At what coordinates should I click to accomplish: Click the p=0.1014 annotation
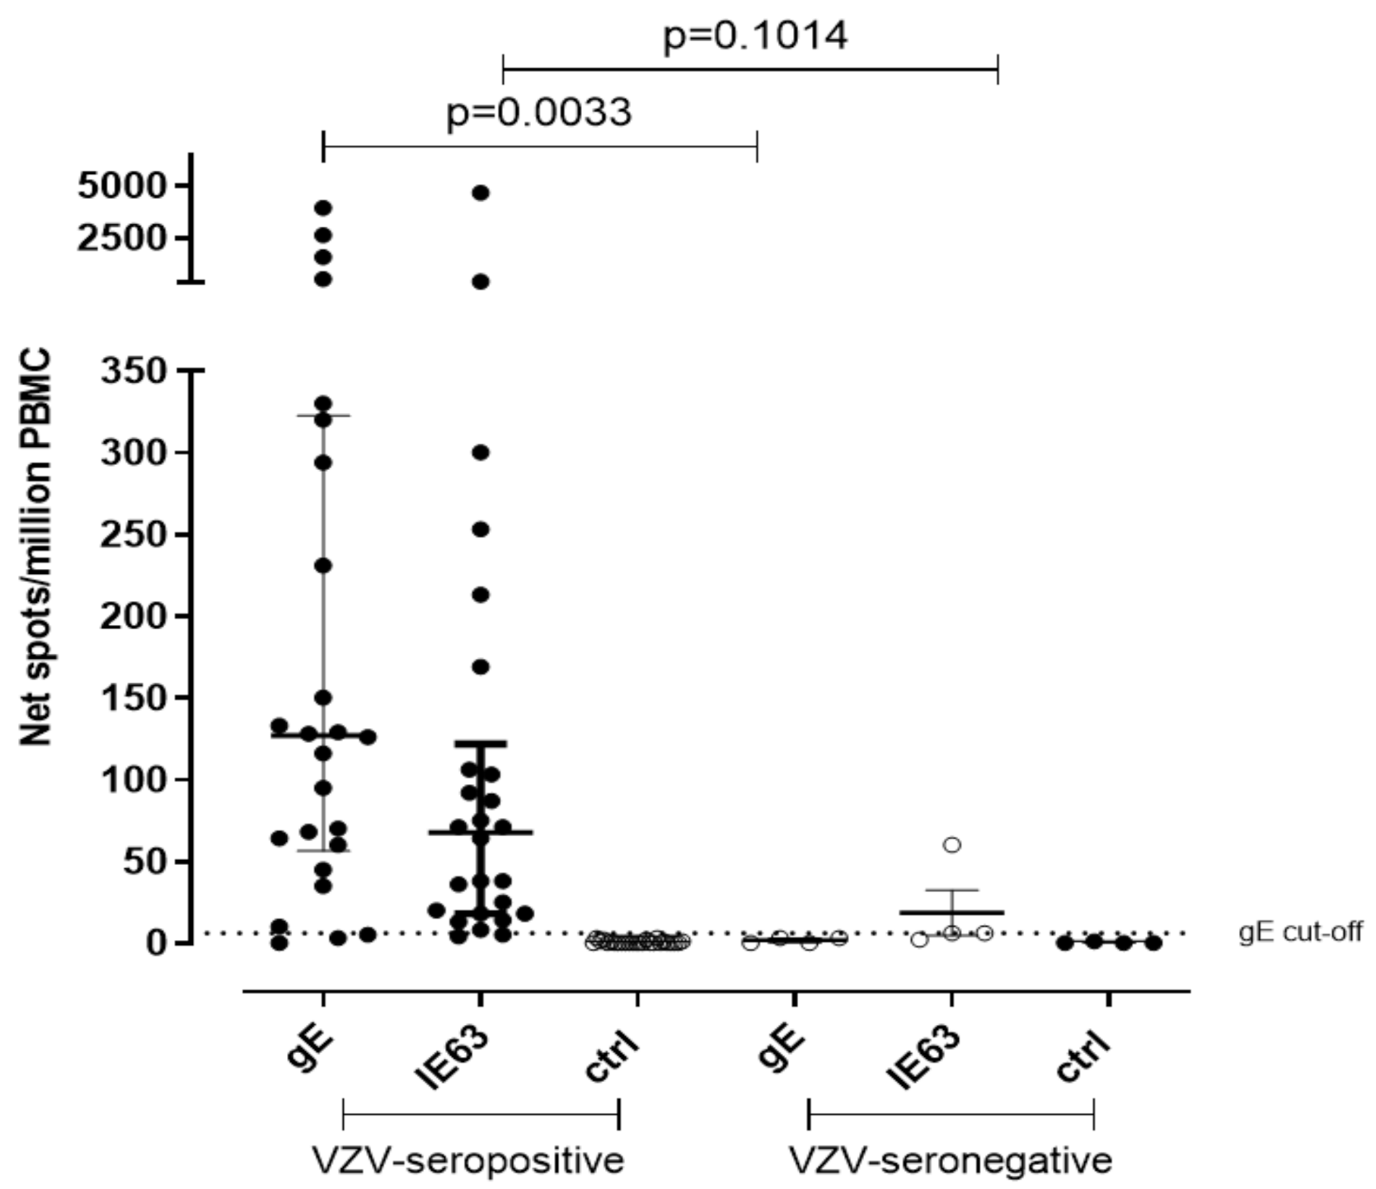click(754, 35)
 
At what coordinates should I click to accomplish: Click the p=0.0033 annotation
click(538, 112)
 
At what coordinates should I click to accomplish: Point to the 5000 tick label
click(122, 186)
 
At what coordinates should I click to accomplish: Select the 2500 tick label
click(122, 238)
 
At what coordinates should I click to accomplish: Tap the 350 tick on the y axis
click(134, 371)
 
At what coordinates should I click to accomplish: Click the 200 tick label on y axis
click(134, 616)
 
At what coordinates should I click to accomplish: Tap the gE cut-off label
click(1300, 932)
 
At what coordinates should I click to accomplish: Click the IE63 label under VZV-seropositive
click(452, 1058)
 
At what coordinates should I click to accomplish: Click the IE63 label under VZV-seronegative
click(923, 1058)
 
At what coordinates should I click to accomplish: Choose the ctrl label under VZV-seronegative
click(1084, 1058)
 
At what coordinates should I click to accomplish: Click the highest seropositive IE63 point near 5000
click(481, 193)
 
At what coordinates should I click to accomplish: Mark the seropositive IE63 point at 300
click(481, 452)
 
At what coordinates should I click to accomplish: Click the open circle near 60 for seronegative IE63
click(952, 844)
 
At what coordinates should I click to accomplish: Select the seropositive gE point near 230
click(323, 566)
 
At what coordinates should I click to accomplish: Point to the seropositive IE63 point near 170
click(481, 667)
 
